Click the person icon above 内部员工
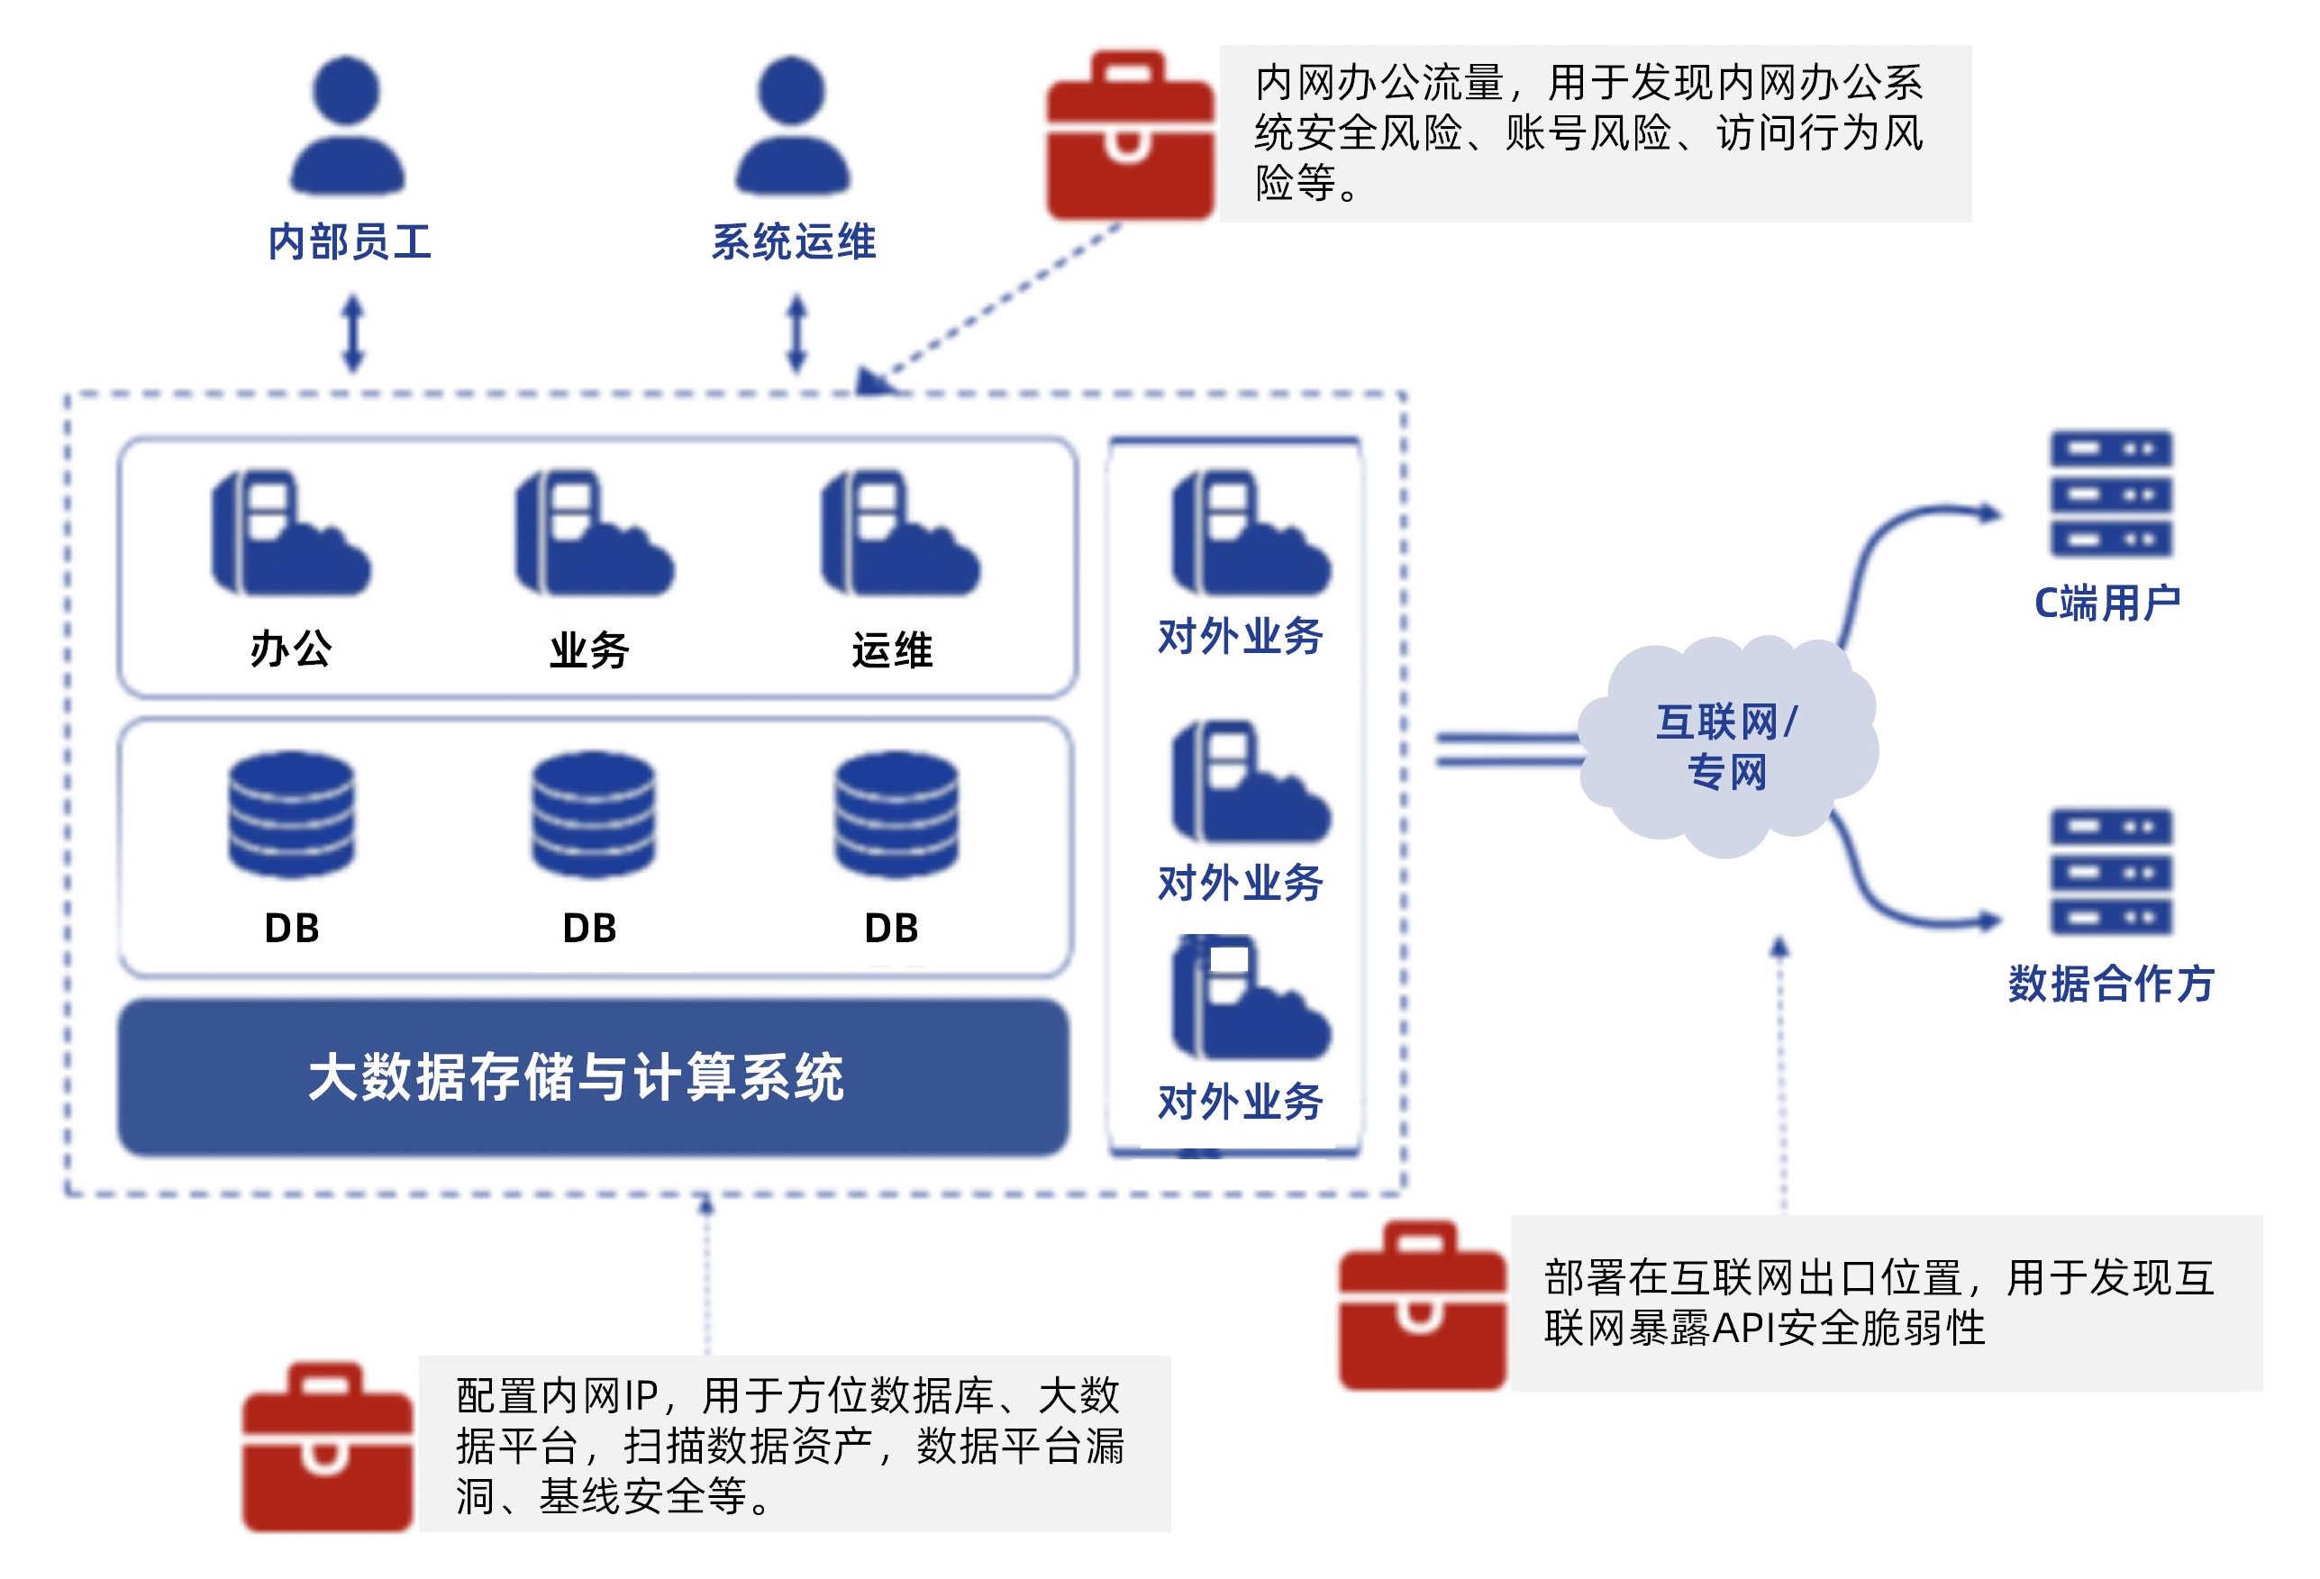pyautogui.click(x=346, y=125)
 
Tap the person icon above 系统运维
pyautogui.click(x=792, y=125)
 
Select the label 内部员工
pyautogui.click(x=350, y=242)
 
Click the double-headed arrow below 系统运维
pyautogui.click(x=796, y=332)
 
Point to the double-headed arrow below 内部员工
pyautogui.click(x=352, y=332)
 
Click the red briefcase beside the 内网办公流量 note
pyautogui.click(x=1129, y=137)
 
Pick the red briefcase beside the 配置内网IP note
pyautogui.click(x=327, y=1447)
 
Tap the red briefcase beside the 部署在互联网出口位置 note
pyautogui.click(x=1422, y=1304)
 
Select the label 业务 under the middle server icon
pyautogui.click(x=589, y=650)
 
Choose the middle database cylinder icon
pyautogui.click(x=593, y=813)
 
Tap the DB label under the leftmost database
pyautogui.click(x=292, y=929)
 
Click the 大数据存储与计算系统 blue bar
pyautogui.click(x=593, y=1078)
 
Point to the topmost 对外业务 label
pyautogui.click(x=1240, y=636)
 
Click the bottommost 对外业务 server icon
pyautogui.click(x=1250, y=998)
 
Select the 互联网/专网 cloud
pyautogui.click(x=1727, y=747)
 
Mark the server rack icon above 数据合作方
pyautogui.click(x=2110, y=871)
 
